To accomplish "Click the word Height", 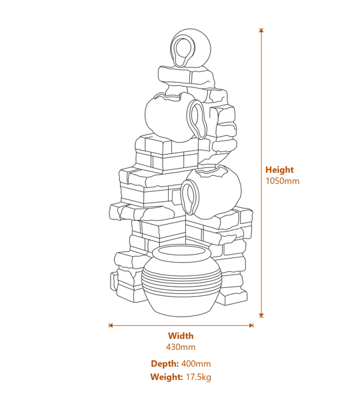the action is pyautogui.click(x=279, y=170).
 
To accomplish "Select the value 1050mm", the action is pyautogui.click(x=283, y=181).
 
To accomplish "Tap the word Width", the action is pyautogui.click(x=181, y=336).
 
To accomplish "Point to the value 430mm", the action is pyautogui.click(x=181, y=347).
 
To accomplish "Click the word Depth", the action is pyautogui.click(x=165, y=363).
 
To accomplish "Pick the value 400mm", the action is pyautogui.click(x=196, y=363).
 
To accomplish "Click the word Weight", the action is pyautogui.click(x=167, y=377).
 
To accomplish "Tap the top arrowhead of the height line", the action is pyautogui.click(x=261, y=30).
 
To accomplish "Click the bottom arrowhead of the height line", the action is pyautogui.click(x=261, y=315).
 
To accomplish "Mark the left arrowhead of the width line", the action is pyautogui.click(x=111, y=325).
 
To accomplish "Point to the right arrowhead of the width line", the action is pyautogui.click(x=251, y=325).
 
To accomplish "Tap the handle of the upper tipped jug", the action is pyautogui.click(x=197, y=119).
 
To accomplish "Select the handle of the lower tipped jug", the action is pyautogui.click(x=190, y=197).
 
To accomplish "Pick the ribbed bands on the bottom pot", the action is pyautogui.click(x=181, y=281).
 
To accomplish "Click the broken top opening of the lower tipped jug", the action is pyautogui.click(x=213, y=173).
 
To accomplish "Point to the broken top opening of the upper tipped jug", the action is pyautogui.click(x=169, y=96).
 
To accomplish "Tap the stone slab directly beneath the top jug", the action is pyautogui.click(x=186, y=75).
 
